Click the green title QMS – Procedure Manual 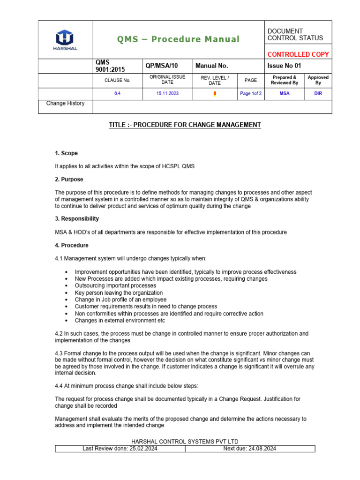(179, 39)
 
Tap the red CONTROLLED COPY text (298, 54)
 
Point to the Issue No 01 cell (285, 66)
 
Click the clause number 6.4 (118, 94)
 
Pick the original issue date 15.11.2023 (167, 94)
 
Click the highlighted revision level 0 (215, 94)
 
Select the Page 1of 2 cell (251, 94)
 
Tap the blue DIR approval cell (318, 94)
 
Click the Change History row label (65, 104)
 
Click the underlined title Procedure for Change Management (185, 125)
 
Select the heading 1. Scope (67, 153)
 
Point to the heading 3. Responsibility (77, 219)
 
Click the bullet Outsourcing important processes (115, 285)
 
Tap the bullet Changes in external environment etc (120, 321)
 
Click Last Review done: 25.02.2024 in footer (120, 449)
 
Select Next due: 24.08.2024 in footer (250, 449)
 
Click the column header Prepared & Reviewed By (285, 80)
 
